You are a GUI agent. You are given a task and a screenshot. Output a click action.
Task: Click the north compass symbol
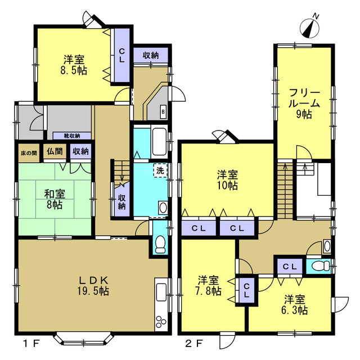tap(310, 28)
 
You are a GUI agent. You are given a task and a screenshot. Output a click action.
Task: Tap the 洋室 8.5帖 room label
tap(74, 65)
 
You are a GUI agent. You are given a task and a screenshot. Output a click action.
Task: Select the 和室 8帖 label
tap(55, 199)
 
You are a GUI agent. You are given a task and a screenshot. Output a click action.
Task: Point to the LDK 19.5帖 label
tap(93, 286)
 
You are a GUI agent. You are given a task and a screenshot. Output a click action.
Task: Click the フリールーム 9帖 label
tap(304, 103)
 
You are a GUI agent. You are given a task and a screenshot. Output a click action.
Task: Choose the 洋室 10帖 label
tap(227, 180)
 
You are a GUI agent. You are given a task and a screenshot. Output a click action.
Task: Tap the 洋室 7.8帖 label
tap(208, 286)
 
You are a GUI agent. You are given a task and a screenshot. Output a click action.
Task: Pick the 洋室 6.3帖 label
tap(295, 305)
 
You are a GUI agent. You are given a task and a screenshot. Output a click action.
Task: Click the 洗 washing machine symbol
tap(160, 170)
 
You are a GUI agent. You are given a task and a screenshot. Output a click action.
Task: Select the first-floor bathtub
tap(159, 142)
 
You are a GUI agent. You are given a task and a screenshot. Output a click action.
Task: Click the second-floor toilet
tap(321, 266)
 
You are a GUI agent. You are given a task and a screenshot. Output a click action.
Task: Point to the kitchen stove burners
tap(161, 321)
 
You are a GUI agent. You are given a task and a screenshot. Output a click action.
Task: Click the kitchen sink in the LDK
tap(161, 292)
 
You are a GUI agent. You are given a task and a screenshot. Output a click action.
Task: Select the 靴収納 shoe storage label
tap(72, 136)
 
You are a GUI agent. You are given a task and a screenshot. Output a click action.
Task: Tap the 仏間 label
tap(55, 151)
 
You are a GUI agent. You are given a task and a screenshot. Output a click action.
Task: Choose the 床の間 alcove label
tap(29, 153)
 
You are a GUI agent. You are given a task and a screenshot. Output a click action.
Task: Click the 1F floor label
tap(31, 344)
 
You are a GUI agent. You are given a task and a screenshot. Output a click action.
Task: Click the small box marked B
tap(163, 112)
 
